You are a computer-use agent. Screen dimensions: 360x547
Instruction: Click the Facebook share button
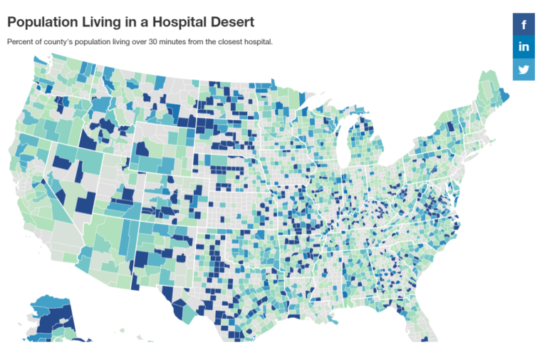523,24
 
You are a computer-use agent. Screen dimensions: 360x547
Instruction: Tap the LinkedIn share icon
523,47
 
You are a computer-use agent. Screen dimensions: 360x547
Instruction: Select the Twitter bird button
523,69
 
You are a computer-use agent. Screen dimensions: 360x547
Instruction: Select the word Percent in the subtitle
20,41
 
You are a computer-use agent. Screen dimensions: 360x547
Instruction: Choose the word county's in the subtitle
57,41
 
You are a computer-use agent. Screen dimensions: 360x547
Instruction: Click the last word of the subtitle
259,41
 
